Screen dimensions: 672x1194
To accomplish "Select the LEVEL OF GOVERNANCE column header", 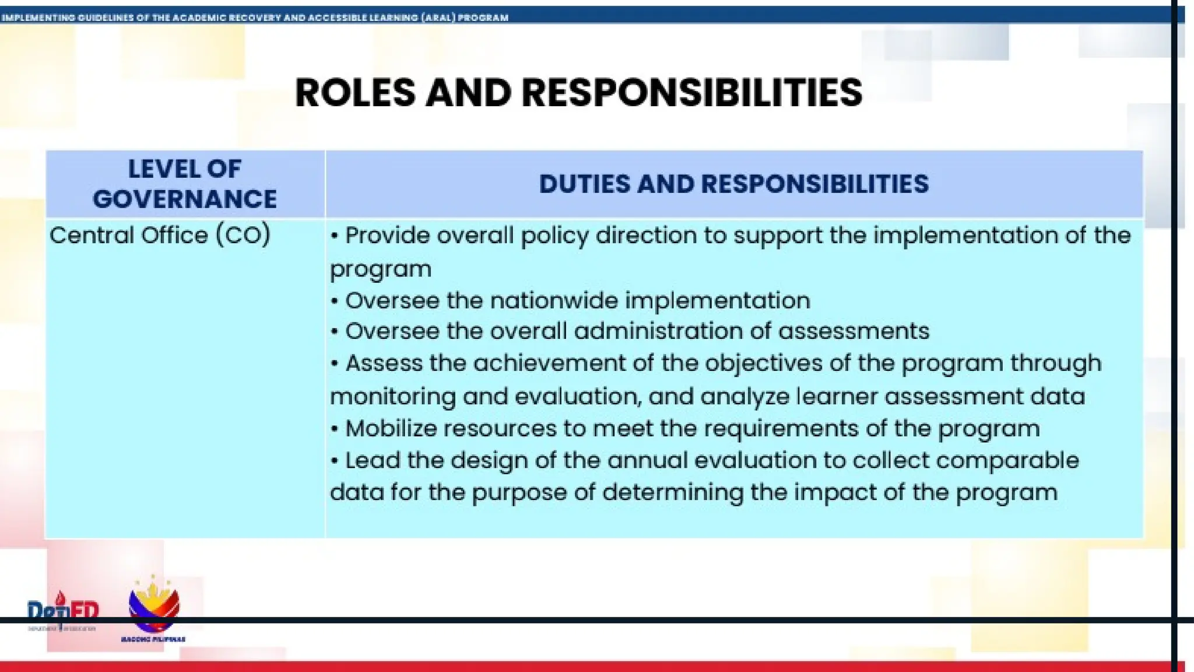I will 184,184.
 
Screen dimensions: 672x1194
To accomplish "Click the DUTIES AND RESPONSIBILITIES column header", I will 733,184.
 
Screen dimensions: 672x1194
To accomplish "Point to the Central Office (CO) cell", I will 160,236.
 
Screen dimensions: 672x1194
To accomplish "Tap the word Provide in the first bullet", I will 387,236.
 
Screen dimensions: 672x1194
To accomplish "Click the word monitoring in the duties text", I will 392,397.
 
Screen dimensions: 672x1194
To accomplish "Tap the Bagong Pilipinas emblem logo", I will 153,608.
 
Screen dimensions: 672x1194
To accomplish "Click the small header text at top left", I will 254,17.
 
